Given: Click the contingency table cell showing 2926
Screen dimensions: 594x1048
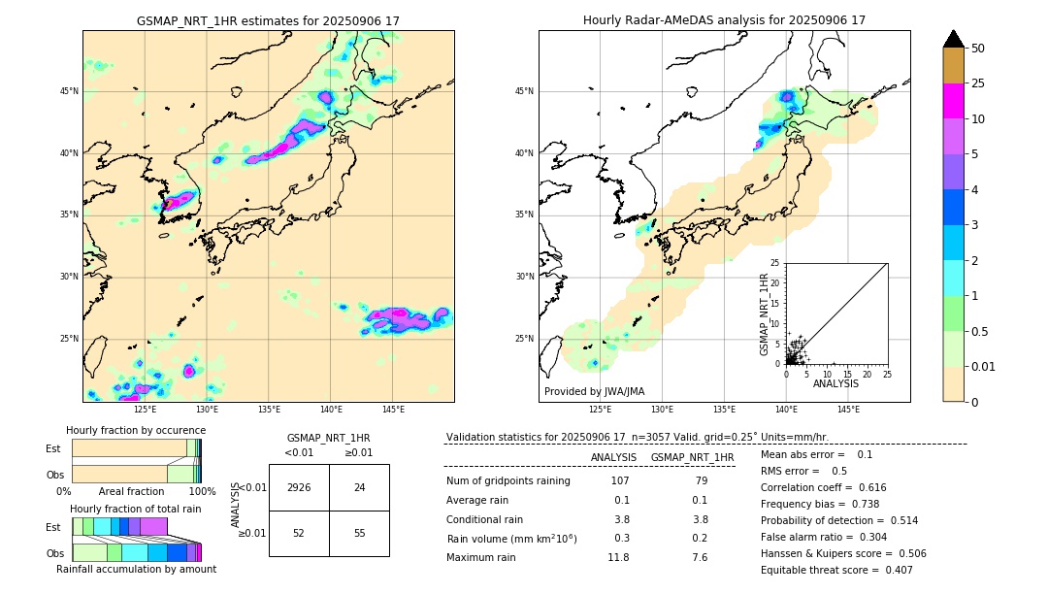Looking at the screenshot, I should [299, 487].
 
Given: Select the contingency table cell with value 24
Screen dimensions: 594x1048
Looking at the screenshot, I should [359, 487].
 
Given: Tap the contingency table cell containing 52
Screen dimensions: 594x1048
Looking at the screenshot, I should [299, 533].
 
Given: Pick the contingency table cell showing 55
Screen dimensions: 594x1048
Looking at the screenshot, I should [359, 533].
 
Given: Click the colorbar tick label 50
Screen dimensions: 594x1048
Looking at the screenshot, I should [978, 49].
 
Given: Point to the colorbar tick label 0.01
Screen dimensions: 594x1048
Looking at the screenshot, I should [985, 366].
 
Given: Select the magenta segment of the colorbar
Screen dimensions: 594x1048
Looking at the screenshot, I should [954, 101].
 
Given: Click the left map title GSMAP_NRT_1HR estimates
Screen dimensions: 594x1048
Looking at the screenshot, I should [268, 20].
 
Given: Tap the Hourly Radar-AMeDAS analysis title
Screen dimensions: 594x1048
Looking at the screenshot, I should [724, 20].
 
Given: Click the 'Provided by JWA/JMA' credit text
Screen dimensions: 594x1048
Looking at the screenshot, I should [594, 391].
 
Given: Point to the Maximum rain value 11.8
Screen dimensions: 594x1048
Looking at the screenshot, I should [618, 557].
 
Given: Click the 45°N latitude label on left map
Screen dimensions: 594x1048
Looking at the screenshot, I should [69, 91].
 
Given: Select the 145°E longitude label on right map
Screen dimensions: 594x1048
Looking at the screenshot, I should [848, 409].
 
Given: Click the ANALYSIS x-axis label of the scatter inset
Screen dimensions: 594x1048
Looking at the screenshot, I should [835, 383].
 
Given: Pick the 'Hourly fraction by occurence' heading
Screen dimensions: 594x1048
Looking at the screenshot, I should [136, 430].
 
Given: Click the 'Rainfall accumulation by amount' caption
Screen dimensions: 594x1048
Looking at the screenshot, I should [136, 569].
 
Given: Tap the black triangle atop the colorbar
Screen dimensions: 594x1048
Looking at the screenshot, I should [954, 39].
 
